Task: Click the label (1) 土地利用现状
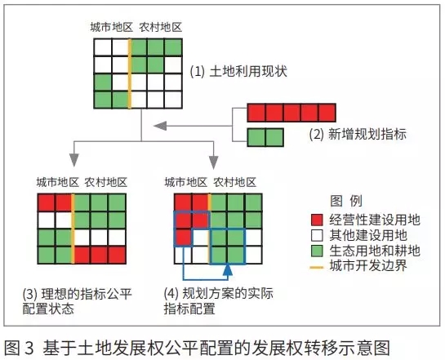coord(238,72)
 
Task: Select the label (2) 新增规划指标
coord(358,134)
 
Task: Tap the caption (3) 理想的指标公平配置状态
coord(78,301)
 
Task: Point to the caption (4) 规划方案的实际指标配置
coord(219,301)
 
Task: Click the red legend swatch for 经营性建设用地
coord(317,220)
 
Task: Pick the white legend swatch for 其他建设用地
coord(317,235)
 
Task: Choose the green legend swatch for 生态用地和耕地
coord(317,251)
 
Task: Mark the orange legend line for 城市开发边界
coord(317,267)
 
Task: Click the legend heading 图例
coord(346,201)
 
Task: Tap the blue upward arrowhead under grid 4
coord(228,269)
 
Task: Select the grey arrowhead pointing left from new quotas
coord(160,126)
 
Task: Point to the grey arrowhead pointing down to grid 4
coord(213,162)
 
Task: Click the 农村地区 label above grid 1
coord(160,27)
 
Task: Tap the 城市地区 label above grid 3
coord(58,182)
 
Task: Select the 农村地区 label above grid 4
coord(234,182)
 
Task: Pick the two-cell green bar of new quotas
coord(265,137)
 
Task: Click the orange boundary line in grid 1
coord(130,73)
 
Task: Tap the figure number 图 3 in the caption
coord(19,348)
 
